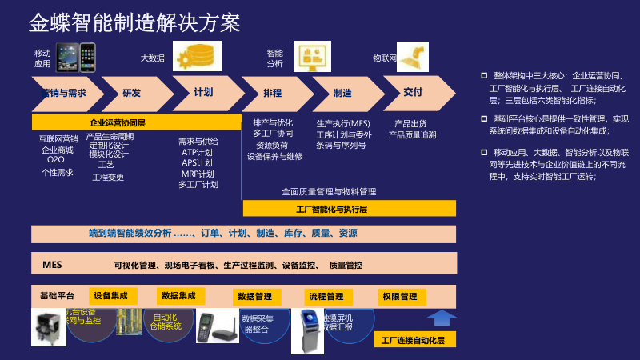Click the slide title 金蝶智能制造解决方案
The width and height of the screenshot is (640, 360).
click(134, 22)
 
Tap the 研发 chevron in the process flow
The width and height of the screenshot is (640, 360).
click(132, 93)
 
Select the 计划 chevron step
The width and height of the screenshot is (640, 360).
click(203, 92)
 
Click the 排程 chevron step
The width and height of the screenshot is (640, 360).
click(273, 93)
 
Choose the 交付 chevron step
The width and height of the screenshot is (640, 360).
click(413, 92)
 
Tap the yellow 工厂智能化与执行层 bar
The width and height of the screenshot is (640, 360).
click(349, 209)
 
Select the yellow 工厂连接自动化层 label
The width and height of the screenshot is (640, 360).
click(413, 340)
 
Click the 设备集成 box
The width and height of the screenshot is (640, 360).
click(110, 295)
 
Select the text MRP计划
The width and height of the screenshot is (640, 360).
click(198, 174)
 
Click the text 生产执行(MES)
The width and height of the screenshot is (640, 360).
click(343, 123)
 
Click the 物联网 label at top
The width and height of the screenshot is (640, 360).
click(385, 58)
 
